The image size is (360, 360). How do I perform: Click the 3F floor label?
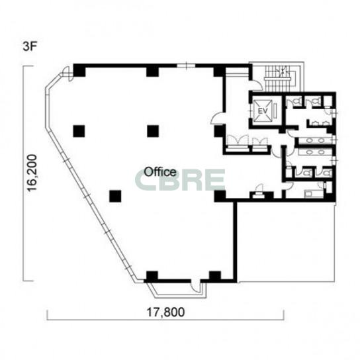[30, 47]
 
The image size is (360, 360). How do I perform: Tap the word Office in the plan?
[160, 172]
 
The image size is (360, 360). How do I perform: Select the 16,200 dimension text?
[32, 173]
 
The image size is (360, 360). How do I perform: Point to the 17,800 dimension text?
[165, 312]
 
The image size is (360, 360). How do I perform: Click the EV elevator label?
[263, 111]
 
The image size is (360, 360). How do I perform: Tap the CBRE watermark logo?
[180, 180]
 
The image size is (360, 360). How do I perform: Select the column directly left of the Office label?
[115, 197]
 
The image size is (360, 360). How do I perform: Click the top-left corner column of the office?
[79, 70]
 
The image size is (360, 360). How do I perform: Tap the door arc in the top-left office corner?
[68, 73]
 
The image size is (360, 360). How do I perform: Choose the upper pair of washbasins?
[315, 140]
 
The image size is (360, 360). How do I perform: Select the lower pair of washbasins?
[315, 152]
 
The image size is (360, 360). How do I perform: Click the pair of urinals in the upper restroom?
[320, 124]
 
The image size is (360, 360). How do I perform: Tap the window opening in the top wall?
[186, 66]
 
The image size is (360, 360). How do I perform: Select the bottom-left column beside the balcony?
[152, 277]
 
